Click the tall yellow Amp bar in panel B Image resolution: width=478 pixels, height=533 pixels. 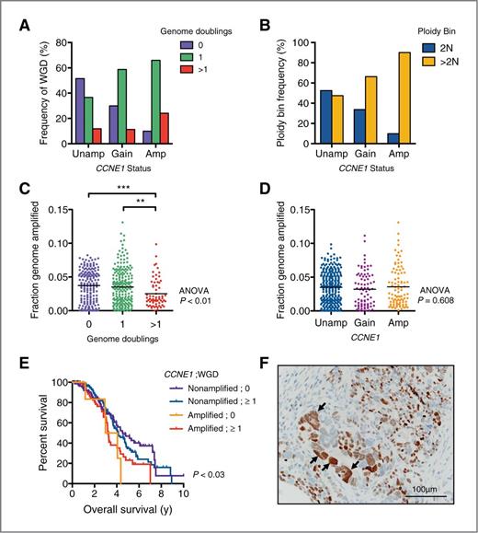click(x=404, y=92)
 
